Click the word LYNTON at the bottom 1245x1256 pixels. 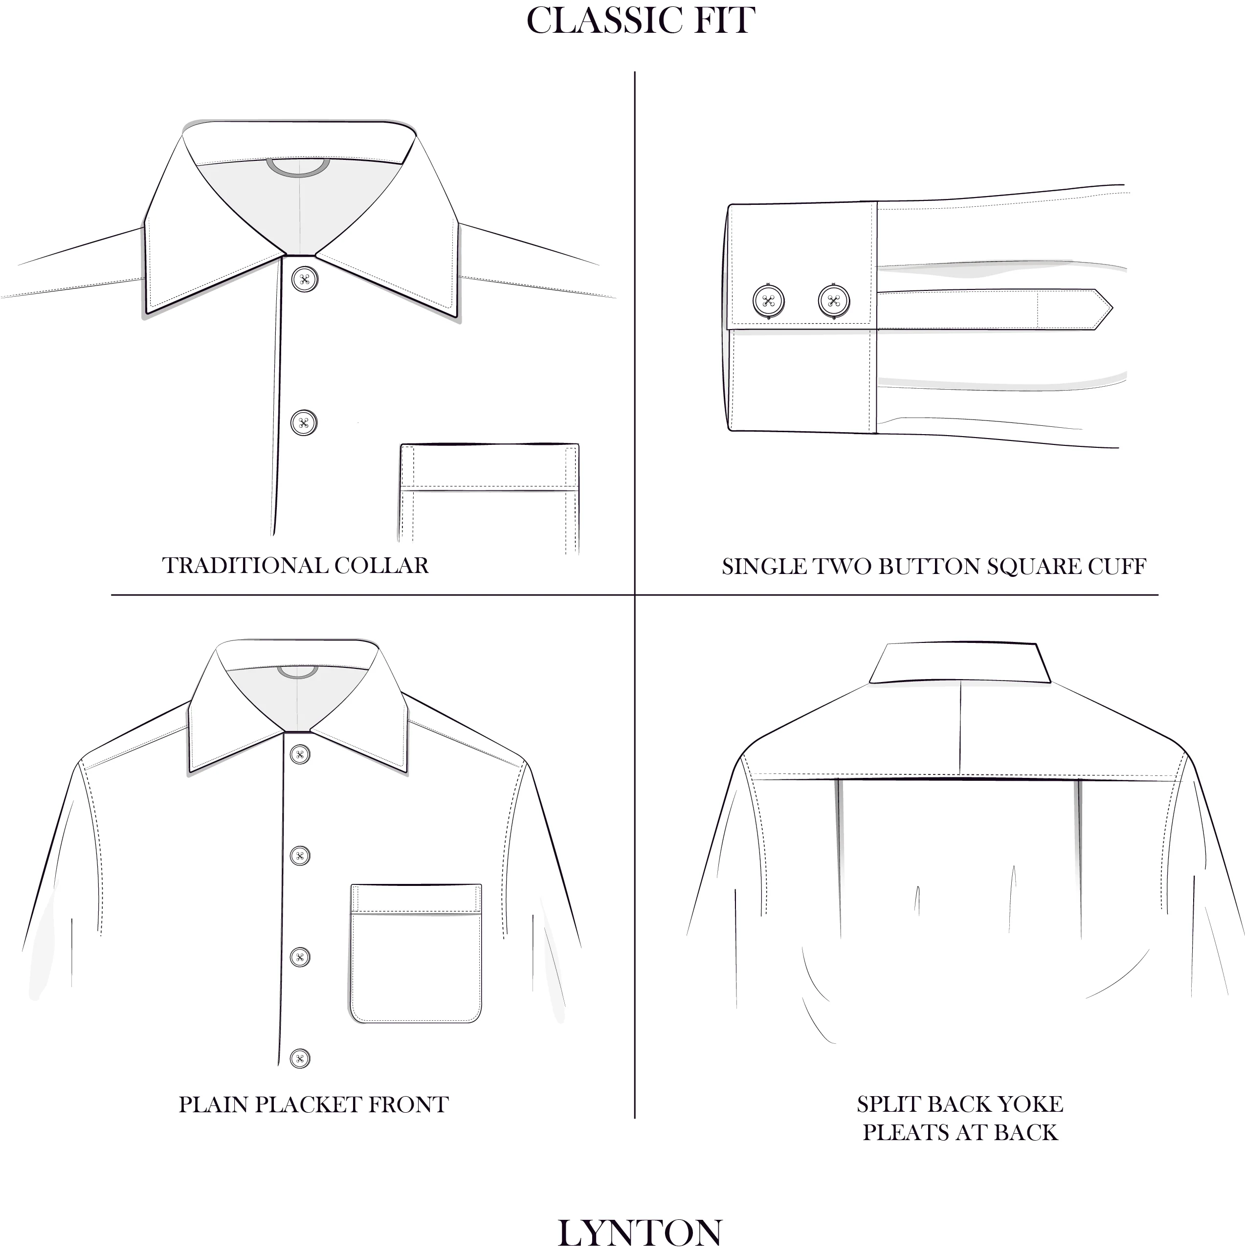(640, 1232)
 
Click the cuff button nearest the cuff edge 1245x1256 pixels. (768, 301)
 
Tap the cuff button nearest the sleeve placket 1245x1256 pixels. (834, 301)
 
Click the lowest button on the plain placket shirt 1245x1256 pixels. (300, 1058)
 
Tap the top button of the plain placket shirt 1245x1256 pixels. (300, 755)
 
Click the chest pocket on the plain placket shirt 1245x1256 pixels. (416, 953)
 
